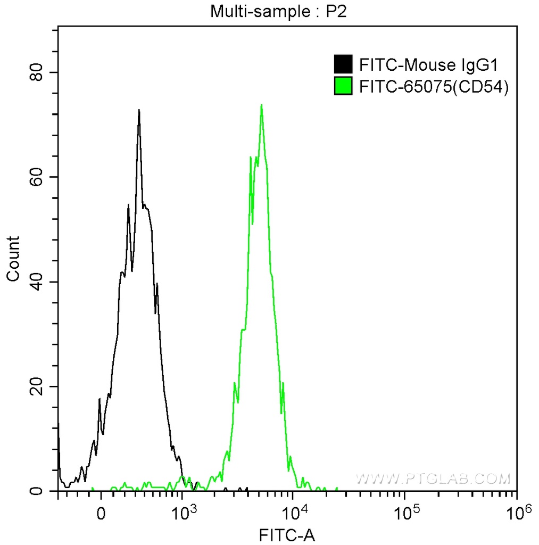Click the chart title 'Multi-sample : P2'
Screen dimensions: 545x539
pos(278,11)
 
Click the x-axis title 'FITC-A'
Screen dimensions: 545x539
pos(287,534)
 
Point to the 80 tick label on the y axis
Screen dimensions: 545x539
pos(36,72)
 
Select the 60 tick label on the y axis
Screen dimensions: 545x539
pos(36,177)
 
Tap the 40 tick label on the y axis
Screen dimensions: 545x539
pos(36,282)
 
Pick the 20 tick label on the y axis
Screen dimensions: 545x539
pos(36,386)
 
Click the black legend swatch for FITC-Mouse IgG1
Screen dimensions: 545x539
pos(343,65)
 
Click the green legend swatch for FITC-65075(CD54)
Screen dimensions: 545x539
pos(343,86)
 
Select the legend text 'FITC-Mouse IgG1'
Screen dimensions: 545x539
pos(428,65)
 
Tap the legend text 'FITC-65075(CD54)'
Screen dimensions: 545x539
pos(434,87)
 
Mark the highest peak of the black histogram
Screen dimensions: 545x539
pos(139,110)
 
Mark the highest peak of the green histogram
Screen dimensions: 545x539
pos(261,105)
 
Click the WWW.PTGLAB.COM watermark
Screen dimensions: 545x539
pos(433,478)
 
